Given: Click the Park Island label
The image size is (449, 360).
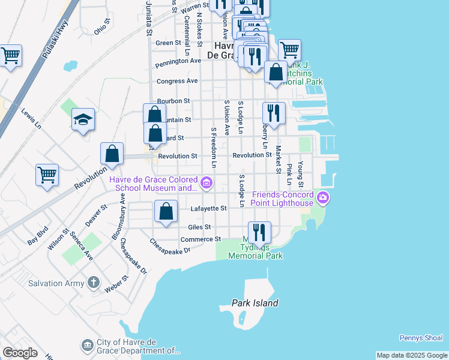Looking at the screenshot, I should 255,303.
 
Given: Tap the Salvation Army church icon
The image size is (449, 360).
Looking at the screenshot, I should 93,281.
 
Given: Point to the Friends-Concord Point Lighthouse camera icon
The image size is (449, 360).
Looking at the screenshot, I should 324,197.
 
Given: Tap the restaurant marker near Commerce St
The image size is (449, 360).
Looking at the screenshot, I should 259,232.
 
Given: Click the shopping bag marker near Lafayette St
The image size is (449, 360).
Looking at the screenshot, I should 166,211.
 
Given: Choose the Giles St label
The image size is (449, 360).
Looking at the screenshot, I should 199,227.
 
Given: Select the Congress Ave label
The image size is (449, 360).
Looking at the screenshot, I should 177,81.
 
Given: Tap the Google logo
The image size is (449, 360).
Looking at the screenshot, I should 20,352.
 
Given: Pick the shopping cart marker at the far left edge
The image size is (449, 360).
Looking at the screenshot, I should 11,56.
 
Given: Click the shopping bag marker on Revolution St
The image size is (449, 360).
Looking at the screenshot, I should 112,154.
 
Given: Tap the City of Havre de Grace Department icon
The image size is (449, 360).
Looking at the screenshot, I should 86,345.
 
